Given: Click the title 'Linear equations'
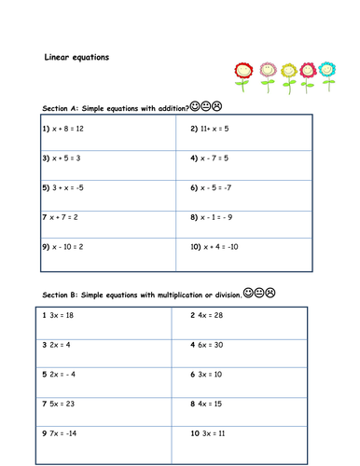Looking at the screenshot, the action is [77, 57].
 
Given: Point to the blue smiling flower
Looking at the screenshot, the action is [327, 70].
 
